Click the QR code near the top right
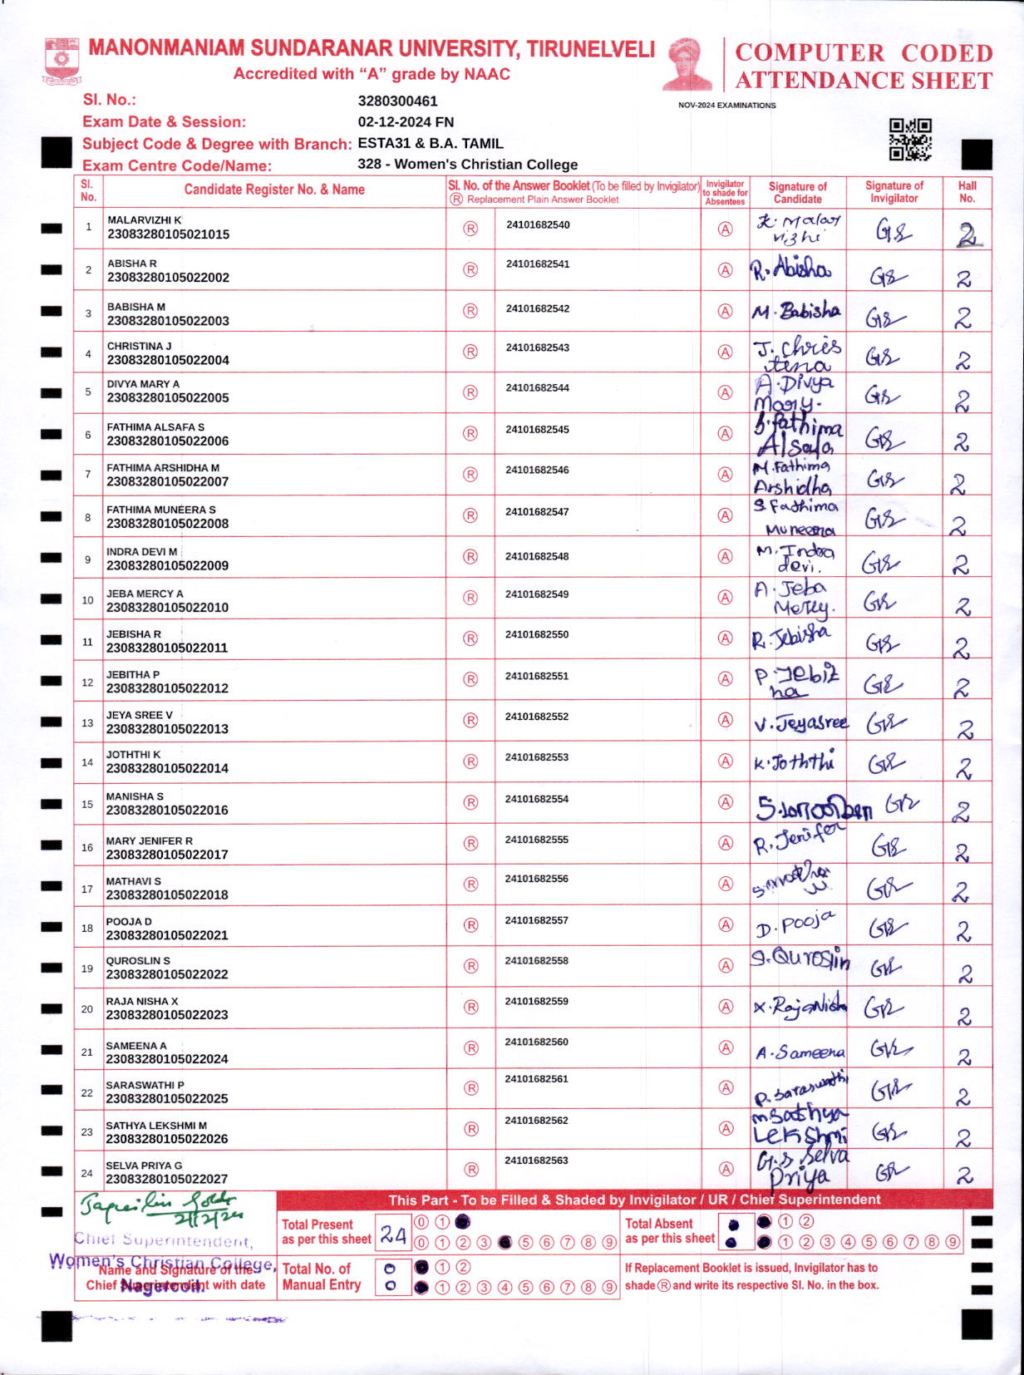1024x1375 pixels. [x=910, y=139]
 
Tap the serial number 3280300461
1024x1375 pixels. [x=397, y=101]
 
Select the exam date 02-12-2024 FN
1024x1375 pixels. [x=406, y=122]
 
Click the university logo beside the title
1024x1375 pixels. [x=62, y=60]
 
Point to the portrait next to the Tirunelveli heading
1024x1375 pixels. [x=687, y=63]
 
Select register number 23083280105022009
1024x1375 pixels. [x=167, y=565]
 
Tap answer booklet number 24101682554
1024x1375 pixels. [x=537, y=799]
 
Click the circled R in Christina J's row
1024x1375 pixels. [x=470, y=352]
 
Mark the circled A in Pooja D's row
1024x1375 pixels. [x=726, y=924]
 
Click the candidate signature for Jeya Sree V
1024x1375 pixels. [x=800, y=723]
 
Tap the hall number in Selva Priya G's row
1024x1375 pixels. [x=964, y=1175]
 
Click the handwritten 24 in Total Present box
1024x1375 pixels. [x=392, y=1235]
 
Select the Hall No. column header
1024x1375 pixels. [x=967, y=192]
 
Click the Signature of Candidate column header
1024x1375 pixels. [x=797, y=193]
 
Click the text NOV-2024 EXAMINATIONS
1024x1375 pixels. [x=726, y=106]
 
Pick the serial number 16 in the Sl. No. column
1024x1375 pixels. [x=87, y=847]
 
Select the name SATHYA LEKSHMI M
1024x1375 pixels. [x=156, y=1126]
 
